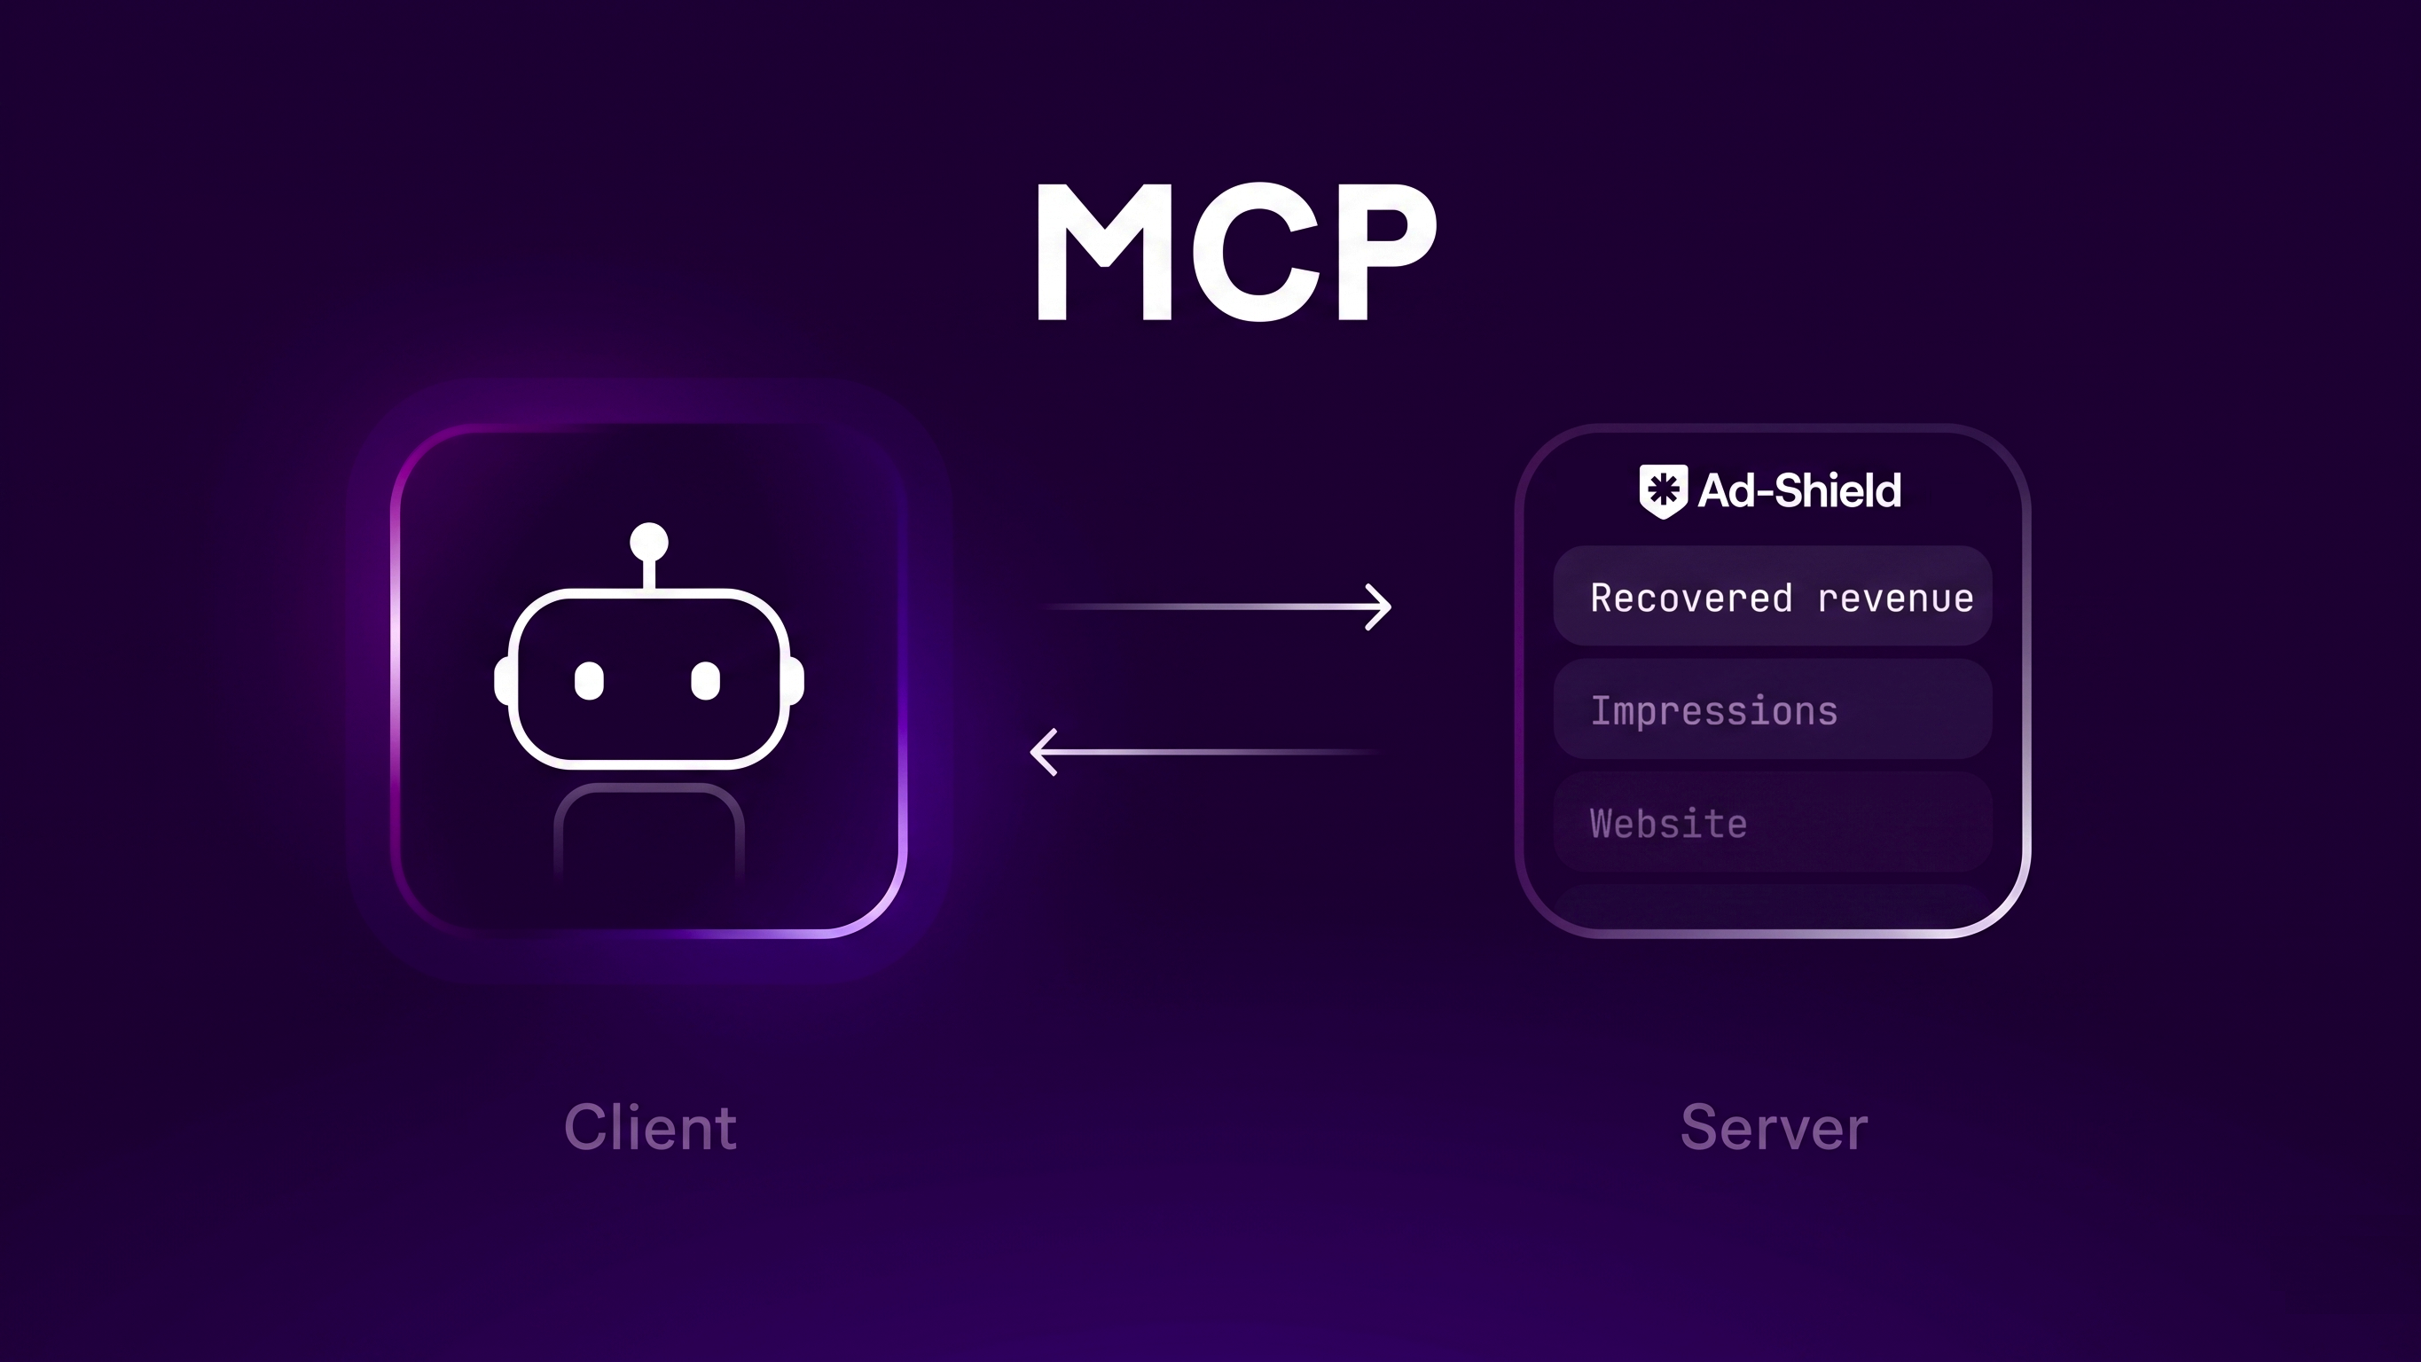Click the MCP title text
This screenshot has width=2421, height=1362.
pyautogui.click(x=1236, y=252)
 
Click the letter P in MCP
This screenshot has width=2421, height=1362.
pyautogui.click(x=1383, y=252)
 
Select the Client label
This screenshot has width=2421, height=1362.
pyautogui.click(x=650, y=1127)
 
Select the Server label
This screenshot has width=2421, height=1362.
pyautogui.click(x=1774, y=1127)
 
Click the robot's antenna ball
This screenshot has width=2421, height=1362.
pyautogui.click(x=648, y=542)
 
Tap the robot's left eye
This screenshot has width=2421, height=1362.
pyautogui.click(x=589, y=680)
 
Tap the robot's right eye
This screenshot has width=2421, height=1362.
pyautogui.click(x=705, y=680)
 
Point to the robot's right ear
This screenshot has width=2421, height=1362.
pyautogui.click(x=796, y=680)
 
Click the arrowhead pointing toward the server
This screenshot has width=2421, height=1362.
pyautogui.click(x=1380, y=607)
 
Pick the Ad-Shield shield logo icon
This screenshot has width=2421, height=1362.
pyautogui.click(x=1663, y=490)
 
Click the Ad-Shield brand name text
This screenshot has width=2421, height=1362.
pyautogui.click(x=1798, y=490)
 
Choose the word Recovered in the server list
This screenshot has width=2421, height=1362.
pyautogui.click(x=1691, y=598)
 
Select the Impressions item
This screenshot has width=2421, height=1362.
pyautogui.click(x=1713, y=710)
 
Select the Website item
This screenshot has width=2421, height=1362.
pyautogui.click(x=1668, y=824)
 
